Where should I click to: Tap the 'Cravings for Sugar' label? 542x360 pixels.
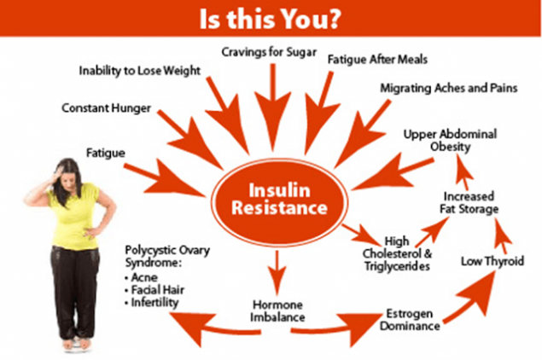pyautogui.click(x=269, y=52)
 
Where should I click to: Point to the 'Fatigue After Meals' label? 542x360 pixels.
pyautogui.click(x=377, y=60)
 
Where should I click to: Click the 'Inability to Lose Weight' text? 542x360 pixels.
pyautogui.click(x=140, y=71)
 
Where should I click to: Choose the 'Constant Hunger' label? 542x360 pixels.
pyautogui.click(x=106, y=108)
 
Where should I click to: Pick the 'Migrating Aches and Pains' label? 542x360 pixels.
pyautogui.click(x=449, y=88)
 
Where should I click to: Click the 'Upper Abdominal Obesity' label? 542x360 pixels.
pyautogui.click(x=450, y=140)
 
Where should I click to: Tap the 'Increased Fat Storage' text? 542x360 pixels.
pyautogui.click(x=469, y=202)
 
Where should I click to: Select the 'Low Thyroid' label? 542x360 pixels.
pyautogui.click(x=492, y=261)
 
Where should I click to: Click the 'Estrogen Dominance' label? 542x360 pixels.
pyautogui.click(x=410, y=320)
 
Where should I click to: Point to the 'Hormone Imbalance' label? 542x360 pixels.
pyautogui.click(x=277, y=311)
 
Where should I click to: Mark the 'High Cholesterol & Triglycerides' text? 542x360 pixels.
pyautogui.click(x=397, y=253)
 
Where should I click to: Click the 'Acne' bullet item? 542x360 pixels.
pyautogui.click(x=142, y=277)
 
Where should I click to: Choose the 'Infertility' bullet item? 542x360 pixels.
pyautogui.click(x=152, y=303)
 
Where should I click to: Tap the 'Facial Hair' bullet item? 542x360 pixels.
pyautogui.click(x=154, y=290)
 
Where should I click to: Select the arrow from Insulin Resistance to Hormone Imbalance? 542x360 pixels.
pyautogui.click(x=277, y=273)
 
